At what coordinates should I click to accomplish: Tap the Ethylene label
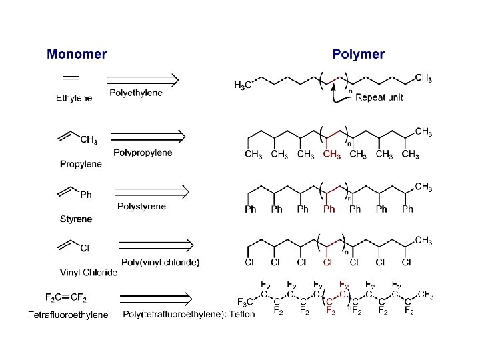click(x=74, y=98)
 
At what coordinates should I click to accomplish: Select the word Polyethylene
click(x=135, y=93)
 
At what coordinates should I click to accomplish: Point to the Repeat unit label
click(x=379, y=97)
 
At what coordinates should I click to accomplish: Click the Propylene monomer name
click(x=81, y=164)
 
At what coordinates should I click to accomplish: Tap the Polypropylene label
click(x=143, y=153)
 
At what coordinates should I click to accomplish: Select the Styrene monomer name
click(x=76, y=219)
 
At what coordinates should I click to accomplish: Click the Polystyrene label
click(x=141, y=207)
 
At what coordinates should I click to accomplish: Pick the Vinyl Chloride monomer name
click(x=89, y=272)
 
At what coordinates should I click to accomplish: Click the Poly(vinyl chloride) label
click(x=160, y=262)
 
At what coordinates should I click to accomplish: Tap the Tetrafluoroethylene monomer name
click(x=68, y=315)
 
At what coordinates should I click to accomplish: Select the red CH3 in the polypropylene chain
click(x=331, y=155)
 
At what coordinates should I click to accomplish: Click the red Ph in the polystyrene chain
click(x=329, y=209)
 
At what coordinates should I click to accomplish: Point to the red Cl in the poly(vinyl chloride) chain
click(x=327, y=263)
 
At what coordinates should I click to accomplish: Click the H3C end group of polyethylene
click(x=243, y=85)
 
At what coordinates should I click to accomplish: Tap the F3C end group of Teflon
click(x=245, y=301)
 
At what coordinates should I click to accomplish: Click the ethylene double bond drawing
click(x=71, y=75)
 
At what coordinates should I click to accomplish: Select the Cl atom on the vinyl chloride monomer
click(x=85, y=249)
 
